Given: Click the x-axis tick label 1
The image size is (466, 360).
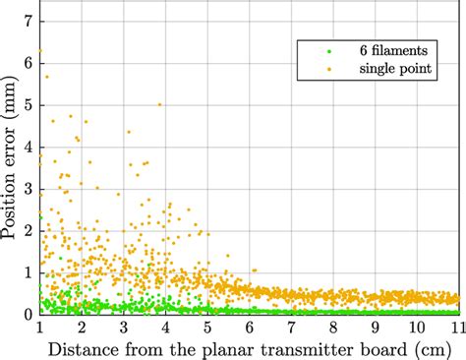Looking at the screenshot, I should point(39,328).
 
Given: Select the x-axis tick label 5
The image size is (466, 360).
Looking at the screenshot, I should point(207,328).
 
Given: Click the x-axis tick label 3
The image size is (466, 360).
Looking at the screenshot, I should point(124,328).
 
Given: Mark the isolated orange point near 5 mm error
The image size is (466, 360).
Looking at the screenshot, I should point(159,104).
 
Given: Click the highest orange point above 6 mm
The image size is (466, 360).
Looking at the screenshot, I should point(39,50).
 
